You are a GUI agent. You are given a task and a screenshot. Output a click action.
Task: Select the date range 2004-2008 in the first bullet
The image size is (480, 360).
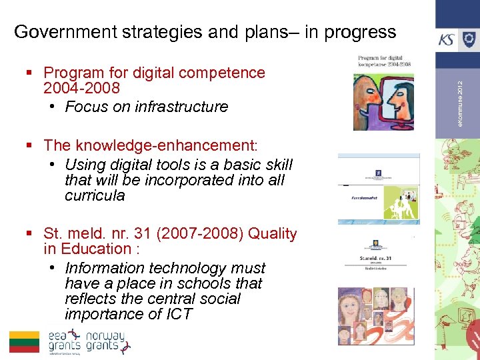click(x=81, y=88)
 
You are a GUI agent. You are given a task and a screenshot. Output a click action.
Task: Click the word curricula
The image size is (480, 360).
click(x=95, y=195)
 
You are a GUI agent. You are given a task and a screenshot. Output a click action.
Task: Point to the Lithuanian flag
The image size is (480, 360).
click(x=25, y=341)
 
